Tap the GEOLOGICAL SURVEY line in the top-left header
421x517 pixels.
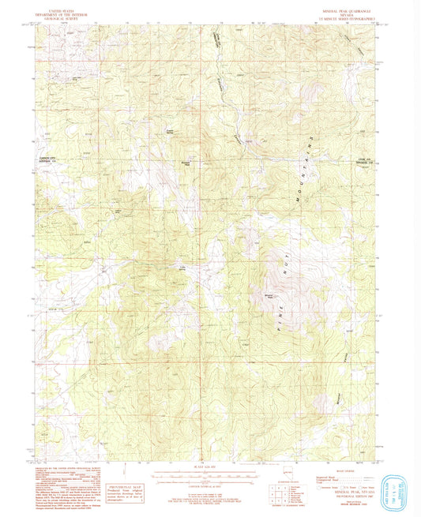click(x=61, y=14)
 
